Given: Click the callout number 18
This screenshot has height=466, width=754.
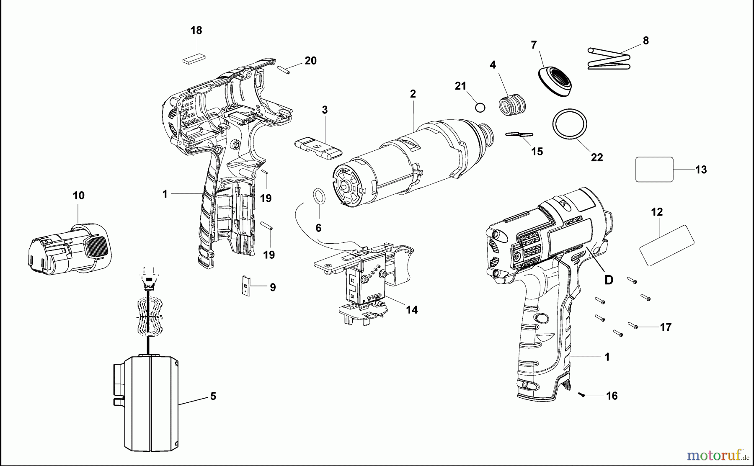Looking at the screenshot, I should [x=196, y=31].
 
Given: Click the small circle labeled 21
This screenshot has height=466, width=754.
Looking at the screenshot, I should [x=480, y=108].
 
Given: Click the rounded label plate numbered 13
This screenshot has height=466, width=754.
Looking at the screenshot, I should [x=654, y=170].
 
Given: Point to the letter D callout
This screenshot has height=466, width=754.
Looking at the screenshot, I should [x=609, y=280].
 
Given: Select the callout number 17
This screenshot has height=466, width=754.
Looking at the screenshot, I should [x=666, y=327].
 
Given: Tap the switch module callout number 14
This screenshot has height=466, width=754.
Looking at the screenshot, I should [x=412, y=310].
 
